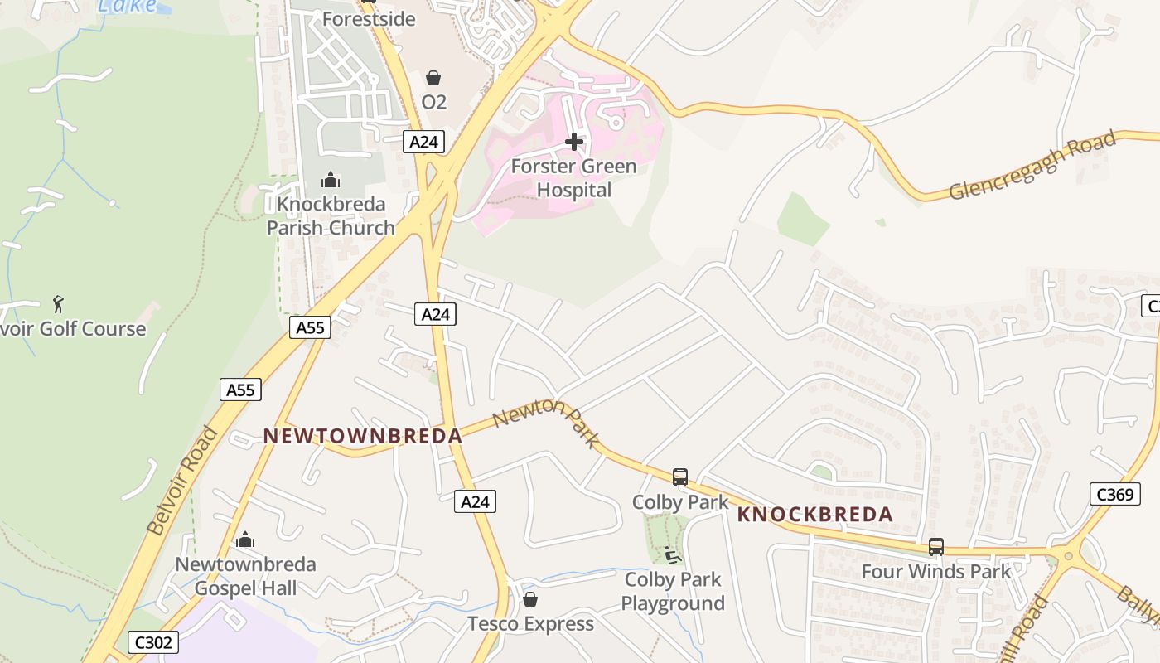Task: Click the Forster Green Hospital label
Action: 573,178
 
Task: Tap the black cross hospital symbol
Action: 573,143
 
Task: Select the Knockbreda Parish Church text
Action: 331,215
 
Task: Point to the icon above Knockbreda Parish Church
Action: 330,180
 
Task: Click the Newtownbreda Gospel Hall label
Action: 245,576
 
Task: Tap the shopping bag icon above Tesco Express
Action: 530,599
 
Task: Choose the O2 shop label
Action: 434,102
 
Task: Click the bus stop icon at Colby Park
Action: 680,477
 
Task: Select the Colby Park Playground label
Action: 673,591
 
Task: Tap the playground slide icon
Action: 673,554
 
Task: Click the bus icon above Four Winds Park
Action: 936,547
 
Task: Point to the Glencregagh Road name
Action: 1032,167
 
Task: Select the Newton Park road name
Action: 544,421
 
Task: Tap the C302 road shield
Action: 154,642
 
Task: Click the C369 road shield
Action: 1114,495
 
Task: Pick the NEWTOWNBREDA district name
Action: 362,436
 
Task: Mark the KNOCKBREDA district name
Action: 815,515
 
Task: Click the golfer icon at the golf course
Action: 58,304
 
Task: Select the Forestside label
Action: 369,19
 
